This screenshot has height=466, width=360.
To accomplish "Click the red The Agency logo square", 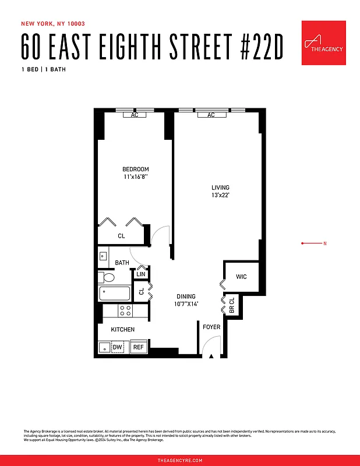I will [323, 43].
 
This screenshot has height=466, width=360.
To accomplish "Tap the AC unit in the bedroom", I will [135, 115].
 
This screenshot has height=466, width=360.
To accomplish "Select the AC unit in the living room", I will [211, 115].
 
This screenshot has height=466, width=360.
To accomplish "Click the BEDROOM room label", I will [135, 170].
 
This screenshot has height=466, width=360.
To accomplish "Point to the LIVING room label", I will [220, 188].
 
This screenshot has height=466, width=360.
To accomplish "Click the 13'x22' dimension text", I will [220, 196].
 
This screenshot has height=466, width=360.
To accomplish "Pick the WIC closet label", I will [241, 277].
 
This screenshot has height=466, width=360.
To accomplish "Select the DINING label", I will [186, 296].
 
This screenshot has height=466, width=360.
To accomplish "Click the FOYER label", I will [211, 327].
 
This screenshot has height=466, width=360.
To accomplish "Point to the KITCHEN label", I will [123, 330].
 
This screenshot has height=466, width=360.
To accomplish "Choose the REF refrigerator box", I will [138, 347].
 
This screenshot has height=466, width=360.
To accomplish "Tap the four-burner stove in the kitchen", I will [125, 310].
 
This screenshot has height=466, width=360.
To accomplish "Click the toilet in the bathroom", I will [107, 277].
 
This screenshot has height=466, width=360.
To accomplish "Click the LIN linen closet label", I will [141, 274].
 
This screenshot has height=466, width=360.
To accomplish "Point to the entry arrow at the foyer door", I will [211, 355].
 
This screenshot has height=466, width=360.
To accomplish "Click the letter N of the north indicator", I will [324, 243].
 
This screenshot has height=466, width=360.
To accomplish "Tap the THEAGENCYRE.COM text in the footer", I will [180, 460].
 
